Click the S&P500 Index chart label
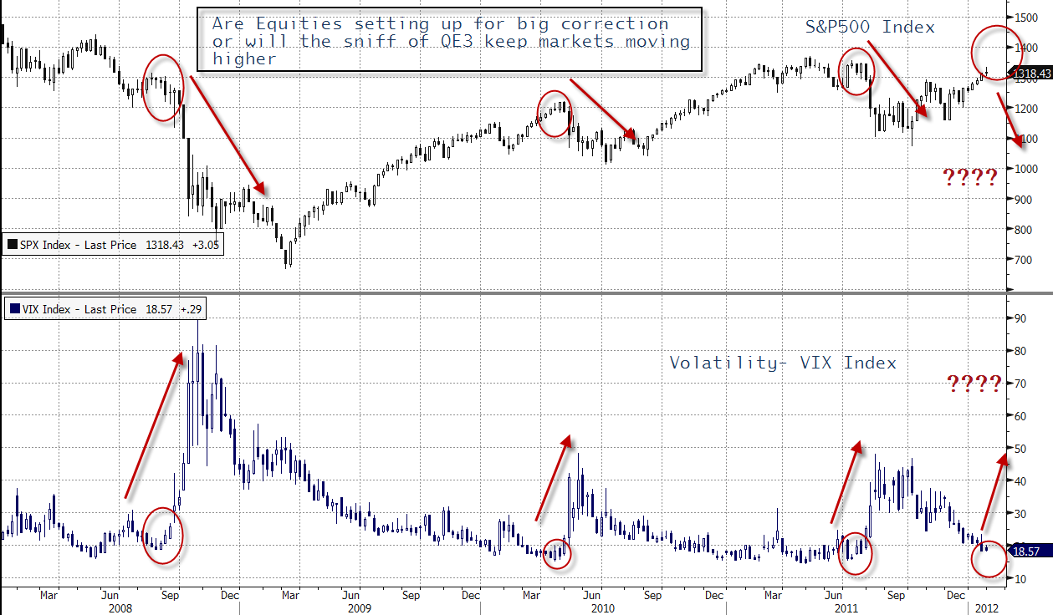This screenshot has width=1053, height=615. coord(870,27)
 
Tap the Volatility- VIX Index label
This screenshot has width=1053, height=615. coord(783,363)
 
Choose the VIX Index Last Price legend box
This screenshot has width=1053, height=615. coord(105,309)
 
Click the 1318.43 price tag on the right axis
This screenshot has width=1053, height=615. coord(1030,75)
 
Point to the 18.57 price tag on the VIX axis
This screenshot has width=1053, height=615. coord(1026,551)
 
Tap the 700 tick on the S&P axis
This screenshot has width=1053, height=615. coord(1022,260)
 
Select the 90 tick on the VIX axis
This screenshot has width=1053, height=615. coord(1020,318)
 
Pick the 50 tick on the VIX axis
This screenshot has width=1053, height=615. coord(1020,449)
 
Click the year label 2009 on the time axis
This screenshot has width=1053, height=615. coord(359,608)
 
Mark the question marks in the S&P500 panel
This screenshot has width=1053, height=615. coord(970,177)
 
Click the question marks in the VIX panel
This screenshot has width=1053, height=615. coord(974,384)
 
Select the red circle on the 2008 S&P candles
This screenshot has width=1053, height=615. coord(162,88)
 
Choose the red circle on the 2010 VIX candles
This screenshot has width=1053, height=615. coord(557,553)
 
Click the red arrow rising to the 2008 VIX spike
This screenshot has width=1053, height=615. coord(154,425)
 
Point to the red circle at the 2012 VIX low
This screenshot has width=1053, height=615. coord(989,557)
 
